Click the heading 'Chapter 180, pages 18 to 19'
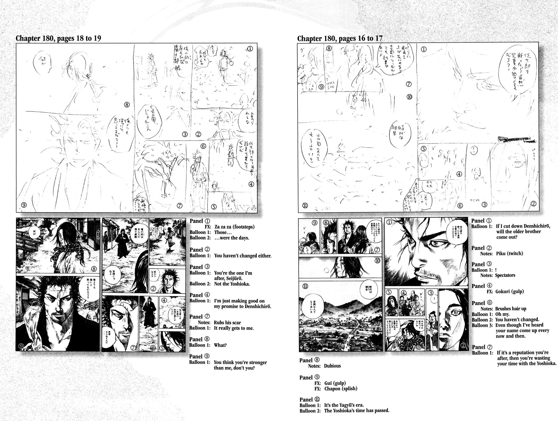[58, 38]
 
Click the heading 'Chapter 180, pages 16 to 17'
[339, 39]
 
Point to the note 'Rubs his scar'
[227, 322]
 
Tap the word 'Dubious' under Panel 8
[332, 366]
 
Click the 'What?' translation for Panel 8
[220, 345]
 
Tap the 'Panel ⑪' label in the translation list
[310, 399]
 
